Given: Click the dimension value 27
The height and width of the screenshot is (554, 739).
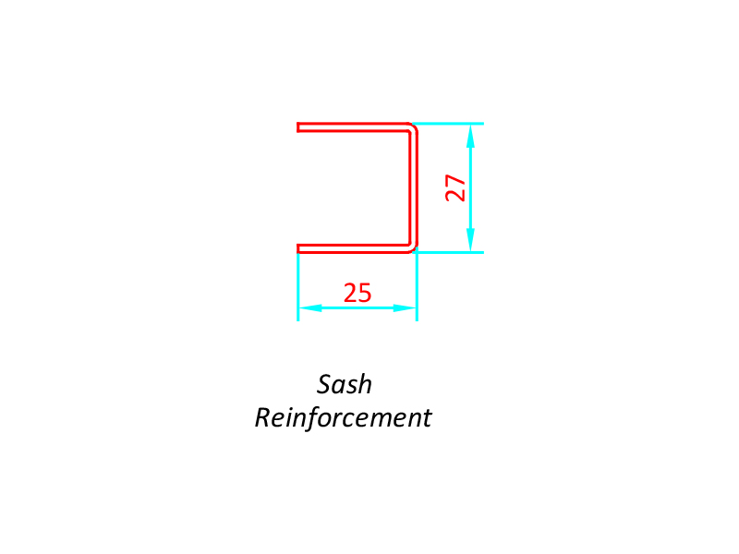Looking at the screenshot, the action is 455,188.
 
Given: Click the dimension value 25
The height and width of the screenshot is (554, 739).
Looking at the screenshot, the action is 357,293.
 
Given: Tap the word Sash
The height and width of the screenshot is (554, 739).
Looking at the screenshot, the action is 344,384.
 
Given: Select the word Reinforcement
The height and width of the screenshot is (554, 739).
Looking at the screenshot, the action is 343,418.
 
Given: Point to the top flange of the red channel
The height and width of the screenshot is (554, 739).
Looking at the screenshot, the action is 354,127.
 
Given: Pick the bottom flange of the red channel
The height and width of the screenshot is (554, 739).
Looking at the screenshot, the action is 354,248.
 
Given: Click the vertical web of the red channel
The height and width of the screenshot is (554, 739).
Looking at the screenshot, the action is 413,188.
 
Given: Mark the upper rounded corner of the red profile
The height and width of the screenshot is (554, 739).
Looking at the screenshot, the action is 414,127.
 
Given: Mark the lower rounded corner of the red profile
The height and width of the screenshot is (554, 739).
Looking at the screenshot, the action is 414,248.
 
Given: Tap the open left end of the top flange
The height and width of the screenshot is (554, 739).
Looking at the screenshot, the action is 297,127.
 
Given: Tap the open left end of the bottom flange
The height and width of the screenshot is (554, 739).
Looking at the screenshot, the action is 297,248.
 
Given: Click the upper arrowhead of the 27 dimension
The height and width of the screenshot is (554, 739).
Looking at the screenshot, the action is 470,136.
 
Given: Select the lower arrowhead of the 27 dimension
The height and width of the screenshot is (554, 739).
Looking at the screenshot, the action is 470,240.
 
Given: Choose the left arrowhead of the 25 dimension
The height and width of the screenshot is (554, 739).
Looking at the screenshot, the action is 310,308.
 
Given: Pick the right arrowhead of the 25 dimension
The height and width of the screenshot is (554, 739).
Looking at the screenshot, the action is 405,308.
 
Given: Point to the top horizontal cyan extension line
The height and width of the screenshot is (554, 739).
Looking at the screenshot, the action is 448,124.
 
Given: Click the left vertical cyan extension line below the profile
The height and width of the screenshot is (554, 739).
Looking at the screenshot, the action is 297,287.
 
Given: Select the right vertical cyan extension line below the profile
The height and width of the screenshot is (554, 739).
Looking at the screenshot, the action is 417,285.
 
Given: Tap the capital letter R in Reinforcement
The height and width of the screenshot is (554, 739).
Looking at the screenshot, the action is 264,417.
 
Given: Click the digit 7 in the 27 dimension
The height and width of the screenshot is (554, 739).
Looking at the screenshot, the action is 455,181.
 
